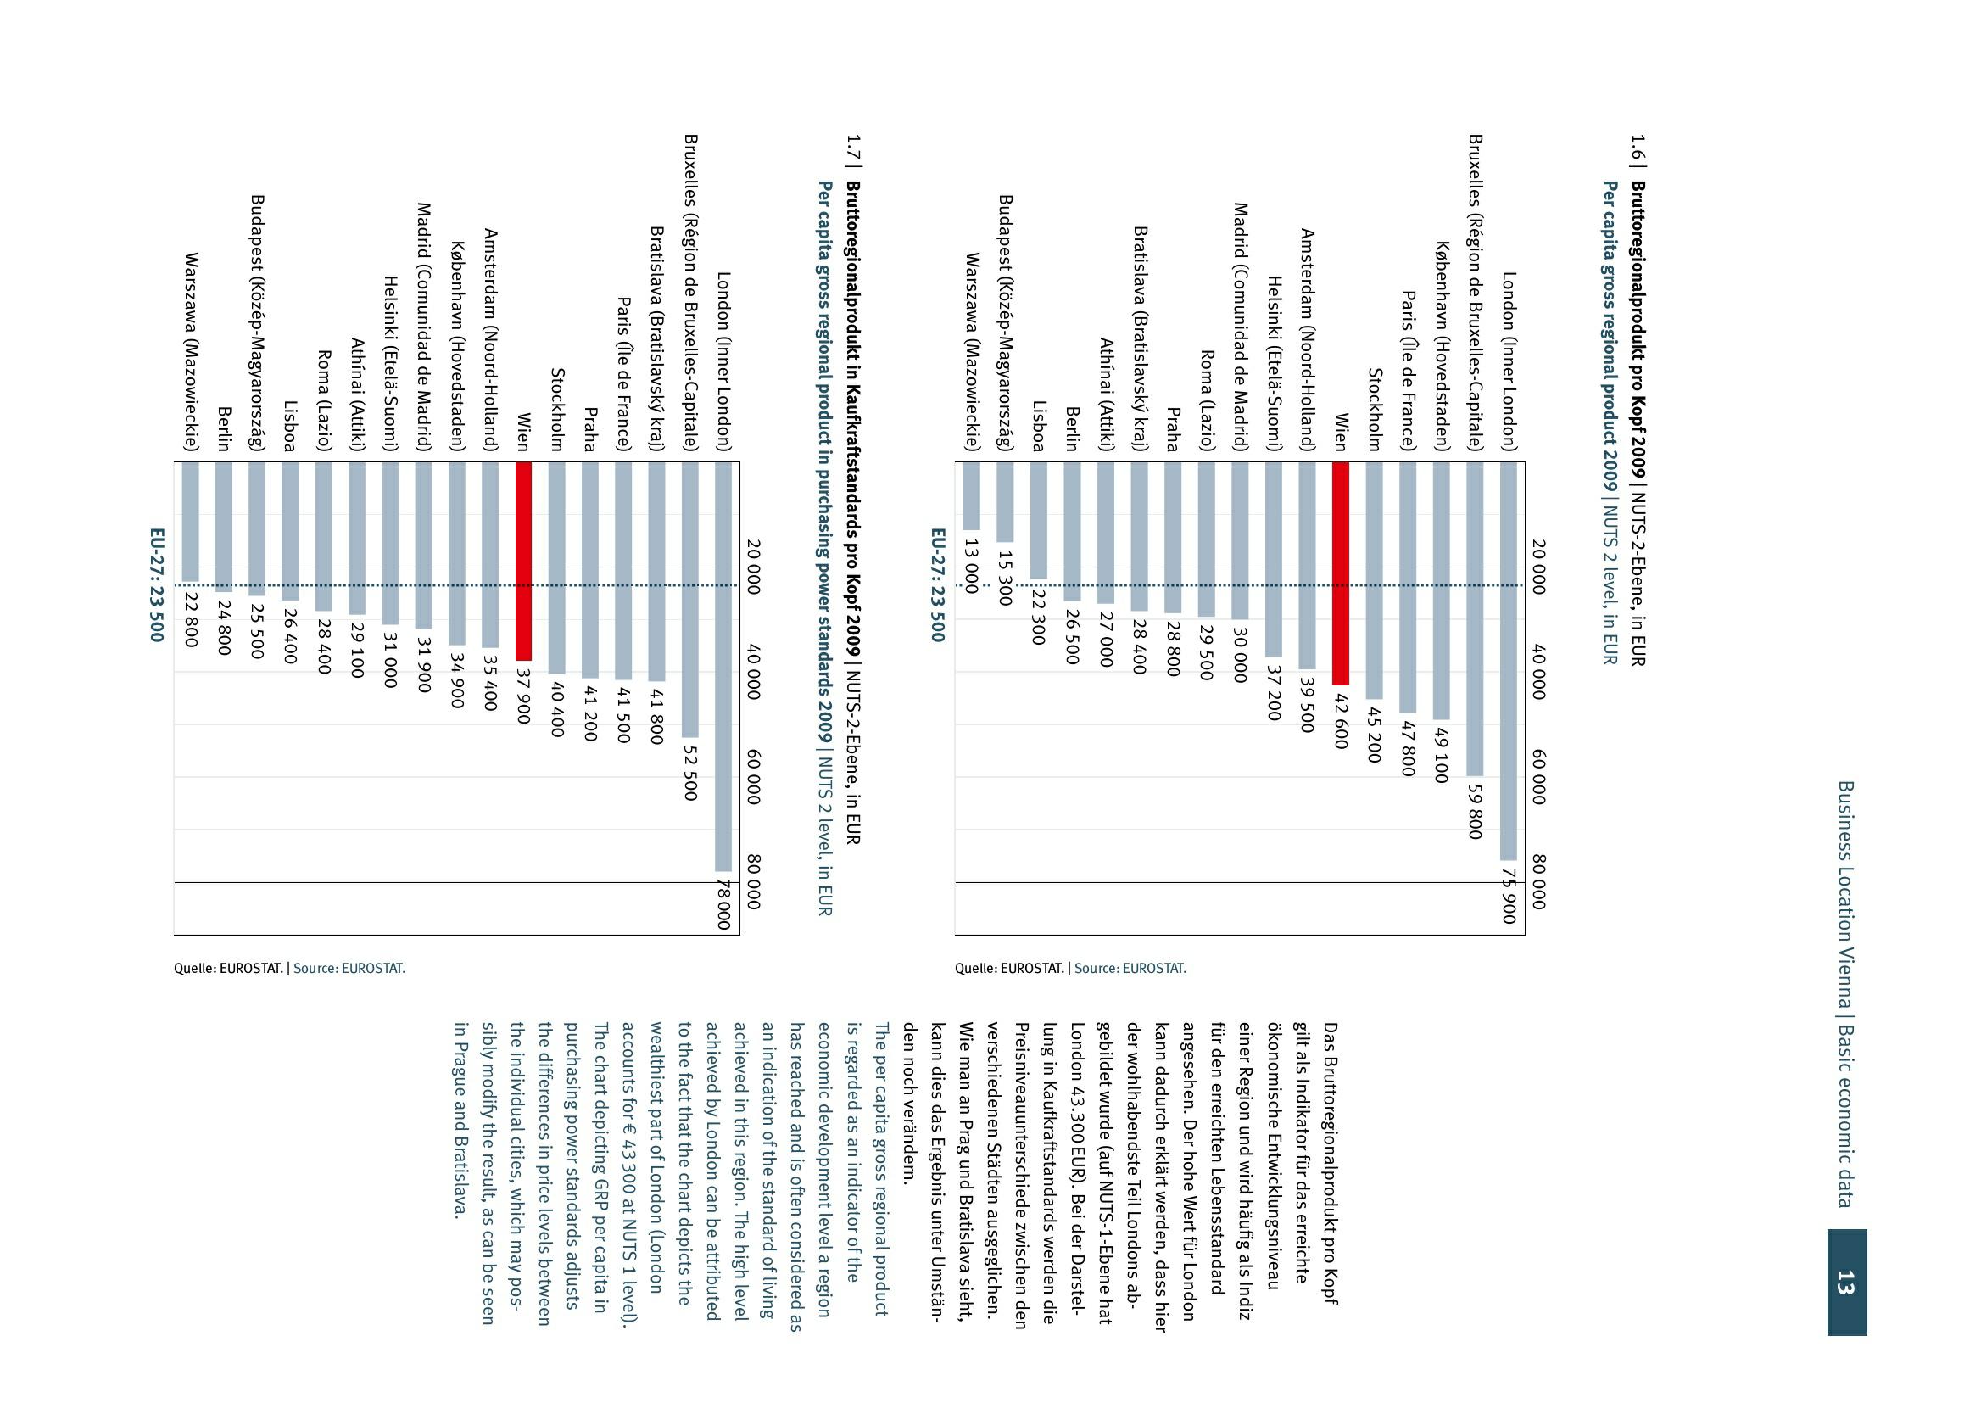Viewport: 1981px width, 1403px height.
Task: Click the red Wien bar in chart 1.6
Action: pyautogui.click(x=1339, y=573)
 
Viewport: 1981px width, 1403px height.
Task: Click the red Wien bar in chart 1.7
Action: pyautogui.click(x=522, y=561)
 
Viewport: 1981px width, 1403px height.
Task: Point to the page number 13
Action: pyautogui.click(x=1845, y=1281)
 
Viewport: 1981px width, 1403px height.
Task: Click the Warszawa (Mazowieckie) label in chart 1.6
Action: pyautogui.click(x=972, y=352)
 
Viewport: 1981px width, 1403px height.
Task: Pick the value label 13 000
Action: pyautogui.click(x=971, y=566)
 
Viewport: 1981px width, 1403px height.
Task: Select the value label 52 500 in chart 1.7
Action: pyautogui.click(x=689, y=770)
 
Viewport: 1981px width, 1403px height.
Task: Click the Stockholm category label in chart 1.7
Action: pyautogui.click(x=557, y=410)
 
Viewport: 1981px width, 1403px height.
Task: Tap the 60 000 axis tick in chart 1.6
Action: pyautogui.click(x=1537, y=777)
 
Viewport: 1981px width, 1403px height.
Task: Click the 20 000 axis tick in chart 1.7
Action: pyautogui.click(x=752, y=567)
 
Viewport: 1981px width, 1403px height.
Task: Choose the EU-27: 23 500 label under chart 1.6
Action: pyautogui.click(x=937, y=585)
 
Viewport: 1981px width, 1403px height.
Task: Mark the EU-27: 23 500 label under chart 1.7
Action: pyautogui.click(x=156, y=585)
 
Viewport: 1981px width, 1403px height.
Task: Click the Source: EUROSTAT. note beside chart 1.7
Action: pyautogui.click(x=349, y=969)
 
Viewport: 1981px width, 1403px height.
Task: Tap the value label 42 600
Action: pyautogui.click(x=1340, y=720)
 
